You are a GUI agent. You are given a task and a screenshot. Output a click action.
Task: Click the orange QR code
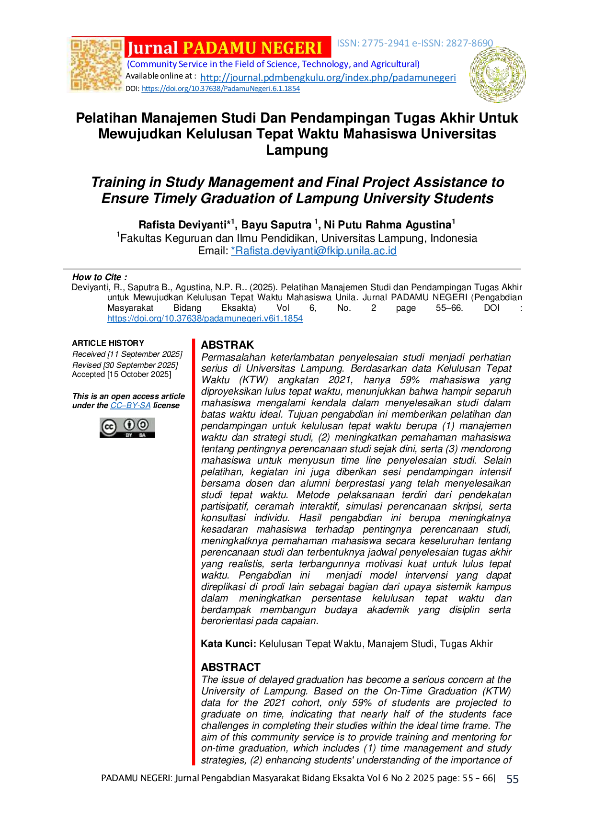(96, 65)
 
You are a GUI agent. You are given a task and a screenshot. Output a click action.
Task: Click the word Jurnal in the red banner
(152, 48)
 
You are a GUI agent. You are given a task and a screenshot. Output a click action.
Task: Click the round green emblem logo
(497, 74)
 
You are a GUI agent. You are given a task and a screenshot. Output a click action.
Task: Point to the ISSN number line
(415, 44)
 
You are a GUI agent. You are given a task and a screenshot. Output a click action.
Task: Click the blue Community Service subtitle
(274, 64)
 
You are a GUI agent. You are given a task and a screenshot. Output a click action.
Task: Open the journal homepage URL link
(328, 78)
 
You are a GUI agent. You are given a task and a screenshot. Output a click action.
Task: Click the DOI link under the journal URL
(221, 89)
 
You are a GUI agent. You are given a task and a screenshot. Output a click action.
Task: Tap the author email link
(314, 250)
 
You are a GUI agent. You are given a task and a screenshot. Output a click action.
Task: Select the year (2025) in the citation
(261, 287)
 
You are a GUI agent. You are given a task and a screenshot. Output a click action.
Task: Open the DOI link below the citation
(205, 318)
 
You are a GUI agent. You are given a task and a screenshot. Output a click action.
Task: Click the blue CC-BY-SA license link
(131, 406)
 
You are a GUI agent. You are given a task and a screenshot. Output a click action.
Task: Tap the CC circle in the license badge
(109, 427)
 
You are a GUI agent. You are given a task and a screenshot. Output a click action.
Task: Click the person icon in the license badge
(129, 425)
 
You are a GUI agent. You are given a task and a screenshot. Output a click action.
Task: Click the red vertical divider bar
(194, 551)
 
